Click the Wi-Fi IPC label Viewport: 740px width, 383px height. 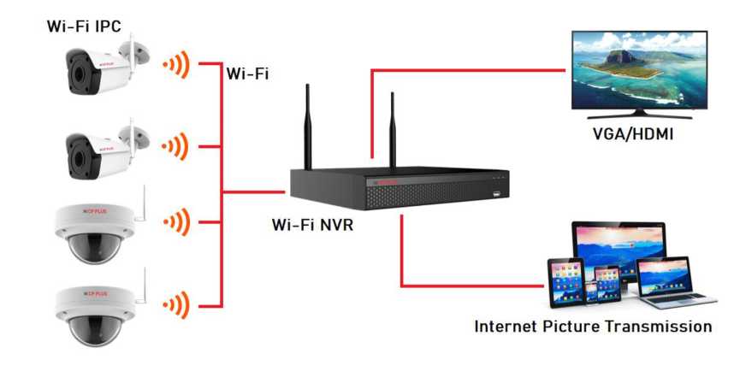(x=84, y=25)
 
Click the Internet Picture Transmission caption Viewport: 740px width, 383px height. (x=593, y=326)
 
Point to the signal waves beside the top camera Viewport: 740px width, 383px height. (x=176, y=64)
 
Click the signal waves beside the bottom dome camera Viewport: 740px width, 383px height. (x=176, y=303)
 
